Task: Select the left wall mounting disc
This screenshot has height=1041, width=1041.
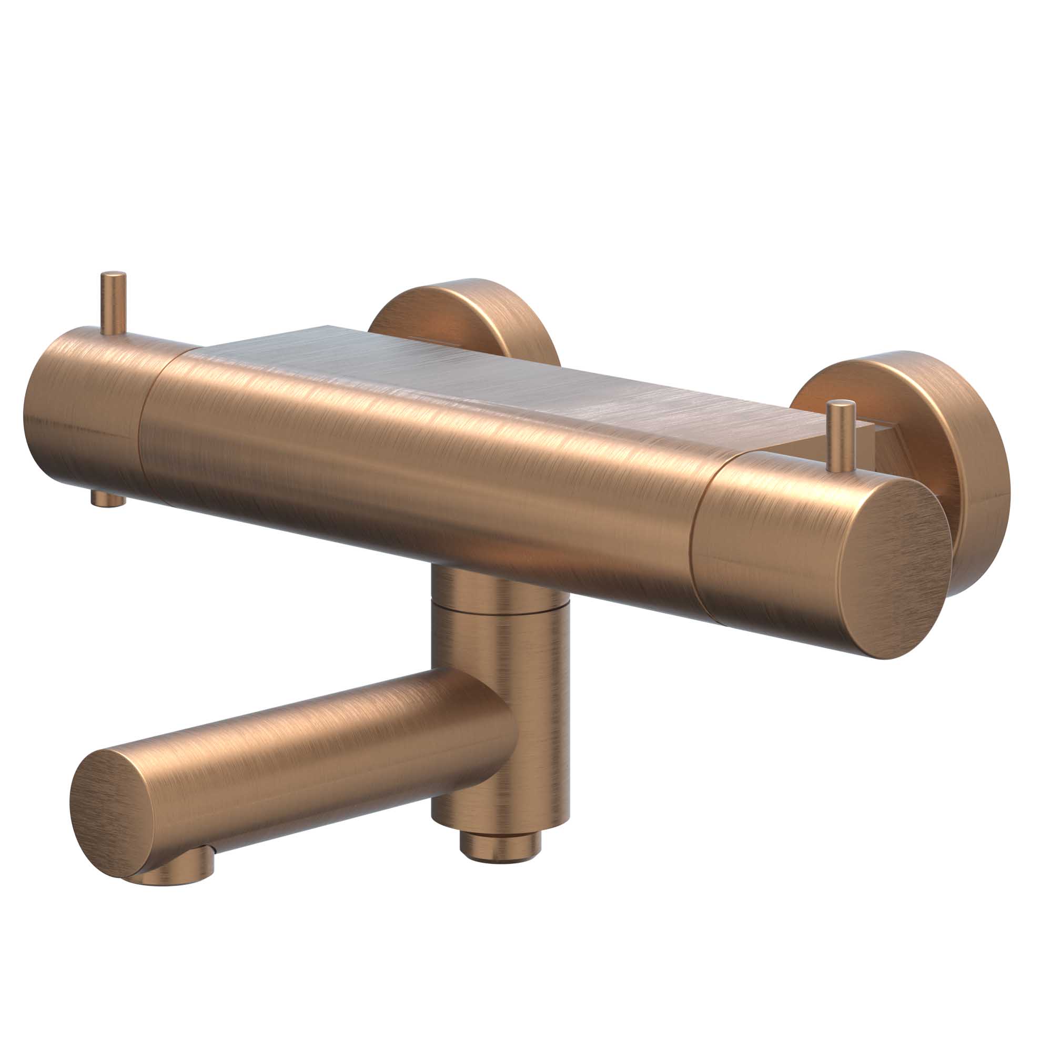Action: (x=463, y=318)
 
